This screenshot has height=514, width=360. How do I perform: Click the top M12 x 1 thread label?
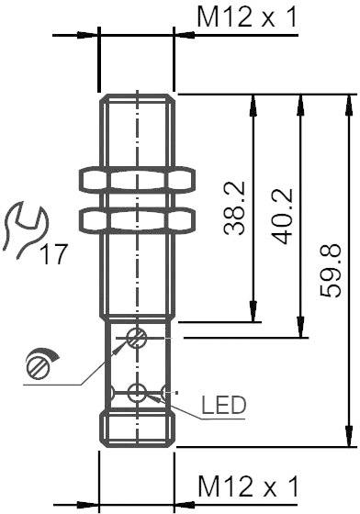click(x=247, y=17)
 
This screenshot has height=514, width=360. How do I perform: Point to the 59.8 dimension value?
click(x=333, y=270)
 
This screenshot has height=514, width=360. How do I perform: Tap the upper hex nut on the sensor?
click(x=137, y=180)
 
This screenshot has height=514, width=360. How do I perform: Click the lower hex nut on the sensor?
click(x=137, y=218)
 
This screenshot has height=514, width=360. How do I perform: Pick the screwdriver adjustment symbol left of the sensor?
click(x=40, y=363)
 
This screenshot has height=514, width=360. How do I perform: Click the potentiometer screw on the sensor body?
click(x=137, y=338)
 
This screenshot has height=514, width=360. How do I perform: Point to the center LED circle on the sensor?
click(x=137, y=395)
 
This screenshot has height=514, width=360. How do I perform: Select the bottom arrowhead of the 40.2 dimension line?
click(x=298, y=330)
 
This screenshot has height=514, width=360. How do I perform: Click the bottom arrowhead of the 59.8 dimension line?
click(x=347, y=441)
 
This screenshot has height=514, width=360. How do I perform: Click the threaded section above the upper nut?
click(x=137, y=128)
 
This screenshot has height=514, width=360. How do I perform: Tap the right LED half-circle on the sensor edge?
click(x=168, y=395)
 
